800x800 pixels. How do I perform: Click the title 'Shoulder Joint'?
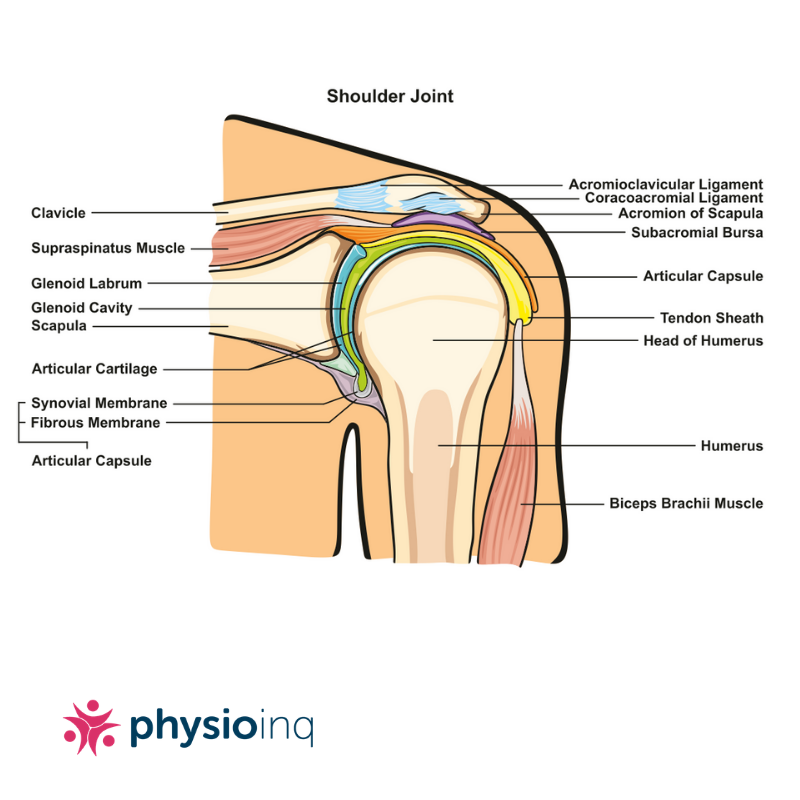(390, 97)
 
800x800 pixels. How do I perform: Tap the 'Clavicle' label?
(59, 213)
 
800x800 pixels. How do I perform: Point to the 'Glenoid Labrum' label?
(87, 283)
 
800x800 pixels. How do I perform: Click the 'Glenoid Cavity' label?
(82, 308)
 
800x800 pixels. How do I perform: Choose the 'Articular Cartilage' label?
(95, 369)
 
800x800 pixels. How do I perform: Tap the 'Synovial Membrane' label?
(99, 403)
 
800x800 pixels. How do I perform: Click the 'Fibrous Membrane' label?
(95, 423)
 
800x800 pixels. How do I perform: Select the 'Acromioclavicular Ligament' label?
(666, 185)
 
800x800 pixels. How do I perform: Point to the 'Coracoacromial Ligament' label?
(674, 199)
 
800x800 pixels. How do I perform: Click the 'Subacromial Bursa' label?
(697, 232)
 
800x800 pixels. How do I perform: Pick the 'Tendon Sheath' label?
(712, 318)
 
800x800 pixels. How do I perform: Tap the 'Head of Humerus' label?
(703, 341)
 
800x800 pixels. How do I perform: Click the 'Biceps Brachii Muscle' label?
(686, 504)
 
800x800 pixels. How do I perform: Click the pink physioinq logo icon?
(91, 727)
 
